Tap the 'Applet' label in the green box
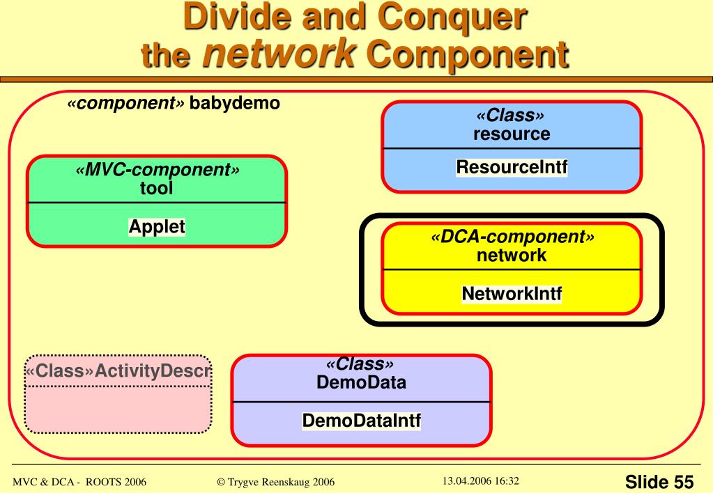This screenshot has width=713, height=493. point(157,227)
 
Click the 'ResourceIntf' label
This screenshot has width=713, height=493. point(512,167)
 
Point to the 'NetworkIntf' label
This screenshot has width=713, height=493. point(512,295)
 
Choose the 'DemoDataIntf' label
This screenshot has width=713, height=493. point(361,421)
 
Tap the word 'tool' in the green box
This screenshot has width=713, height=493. point(156,188)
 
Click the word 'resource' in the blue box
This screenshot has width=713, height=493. point(512,134)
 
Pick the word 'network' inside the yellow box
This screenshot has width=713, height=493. point(512,255)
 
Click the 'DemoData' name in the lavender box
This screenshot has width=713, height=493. point(361,382)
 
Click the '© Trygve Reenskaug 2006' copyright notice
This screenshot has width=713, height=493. point(274,481)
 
